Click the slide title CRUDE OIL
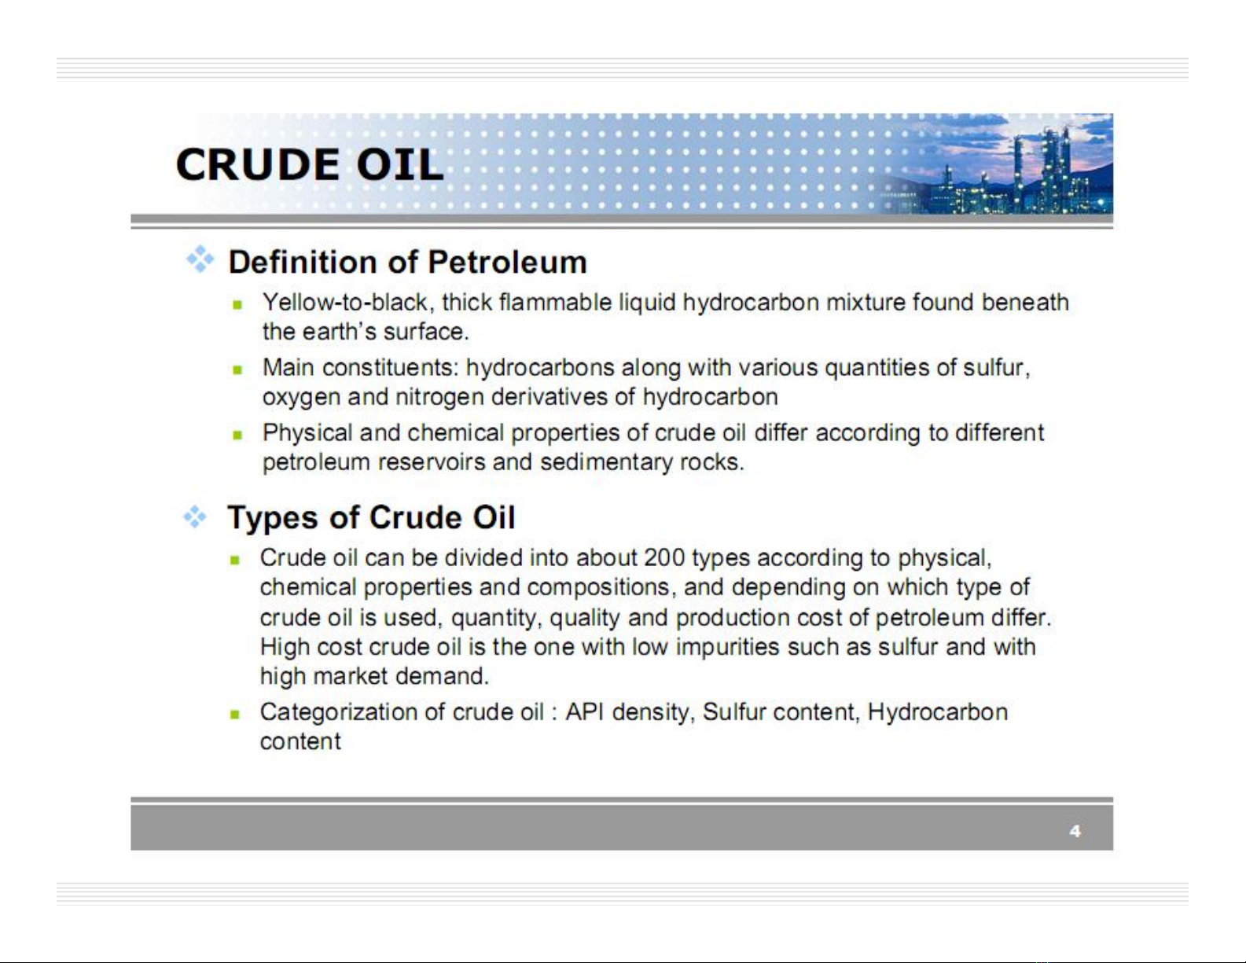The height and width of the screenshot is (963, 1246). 310,164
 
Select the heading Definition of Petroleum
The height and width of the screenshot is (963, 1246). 408,263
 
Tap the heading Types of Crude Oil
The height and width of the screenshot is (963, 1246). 371,518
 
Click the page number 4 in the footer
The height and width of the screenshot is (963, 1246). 1075,831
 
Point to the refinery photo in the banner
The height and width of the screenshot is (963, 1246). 998,164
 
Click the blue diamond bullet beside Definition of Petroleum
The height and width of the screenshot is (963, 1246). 200,259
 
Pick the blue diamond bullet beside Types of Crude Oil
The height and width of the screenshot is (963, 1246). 195,516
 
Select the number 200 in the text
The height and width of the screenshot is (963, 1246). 664,557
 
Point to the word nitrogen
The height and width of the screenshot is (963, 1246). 439,397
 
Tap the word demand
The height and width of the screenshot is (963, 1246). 442,676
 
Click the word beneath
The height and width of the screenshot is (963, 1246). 1024,302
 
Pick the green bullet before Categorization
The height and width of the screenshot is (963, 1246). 234,715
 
